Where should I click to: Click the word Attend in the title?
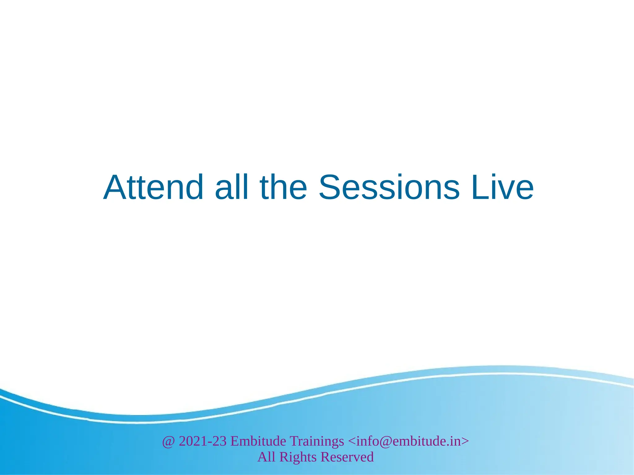pos(153,188)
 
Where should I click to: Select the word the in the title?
pos(283,188)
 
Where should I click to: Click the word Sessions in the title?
pos(389,188)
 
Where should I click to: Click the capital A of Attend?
pos(115,188)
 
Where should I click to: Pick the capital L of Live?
pos(479,188)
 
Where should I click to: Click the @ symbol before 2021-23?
pos(168,442)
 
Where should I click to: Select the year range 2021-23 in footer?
pos(203,441)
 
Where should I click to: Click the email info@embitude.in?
pos(408,441)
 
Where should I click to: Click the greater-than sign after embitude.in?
pos(465,441)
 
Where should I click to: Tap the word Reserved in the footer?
pos(347,457)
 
